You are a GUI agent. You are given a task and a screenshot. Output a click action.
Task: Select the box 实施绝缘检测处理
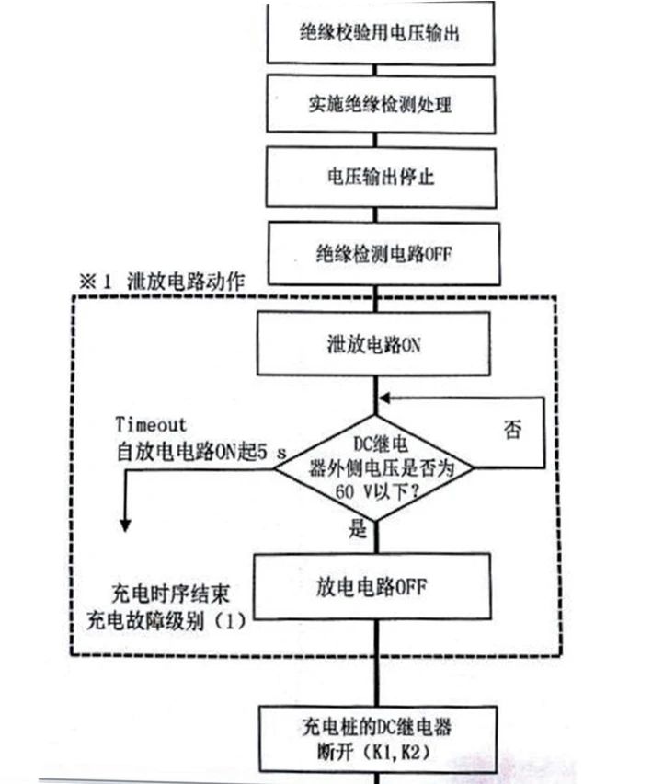click(x=380, y=103)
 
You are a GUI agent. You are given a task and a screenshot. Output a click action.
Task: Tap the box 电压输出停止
click(x=380, y=175)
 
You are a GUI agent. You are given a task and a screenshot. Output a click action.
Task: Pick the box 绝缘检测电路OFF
click(x=380, y=250)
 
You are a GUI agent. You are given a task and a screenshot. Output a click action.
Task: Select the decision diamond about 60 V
click(x=374, y=467)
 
